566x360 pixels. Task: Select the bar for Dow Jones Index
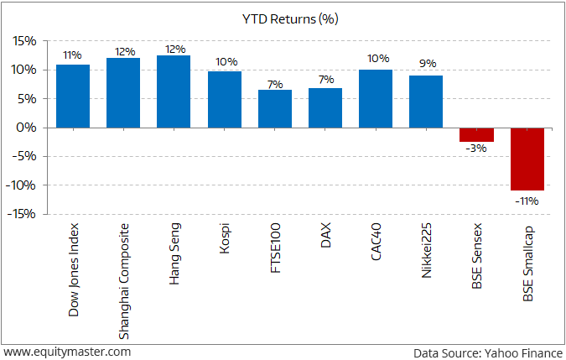click(73, 96)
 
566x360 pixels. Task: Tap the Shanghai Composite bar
click(123, 92)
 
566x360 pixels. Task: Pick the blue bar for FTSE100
click(275, 108)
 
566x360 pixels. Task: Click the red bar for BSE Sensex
click(476, 134)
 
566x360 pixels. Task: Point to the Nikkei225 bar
click(426, 102)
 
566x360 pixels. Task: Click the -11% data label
click(527, 201)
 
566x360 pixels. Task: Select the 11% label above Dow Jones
click(73, 55)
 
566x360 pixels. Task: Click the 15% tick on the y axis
click(24, 40)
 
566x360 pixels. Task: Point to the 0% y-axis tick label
click(28, 128)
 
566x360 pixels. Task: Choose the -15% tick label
click(23, 214)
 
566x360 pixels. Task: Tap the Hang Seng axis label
click(174, 253)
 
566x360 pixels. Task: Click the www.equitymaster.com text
click(67, 352)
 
